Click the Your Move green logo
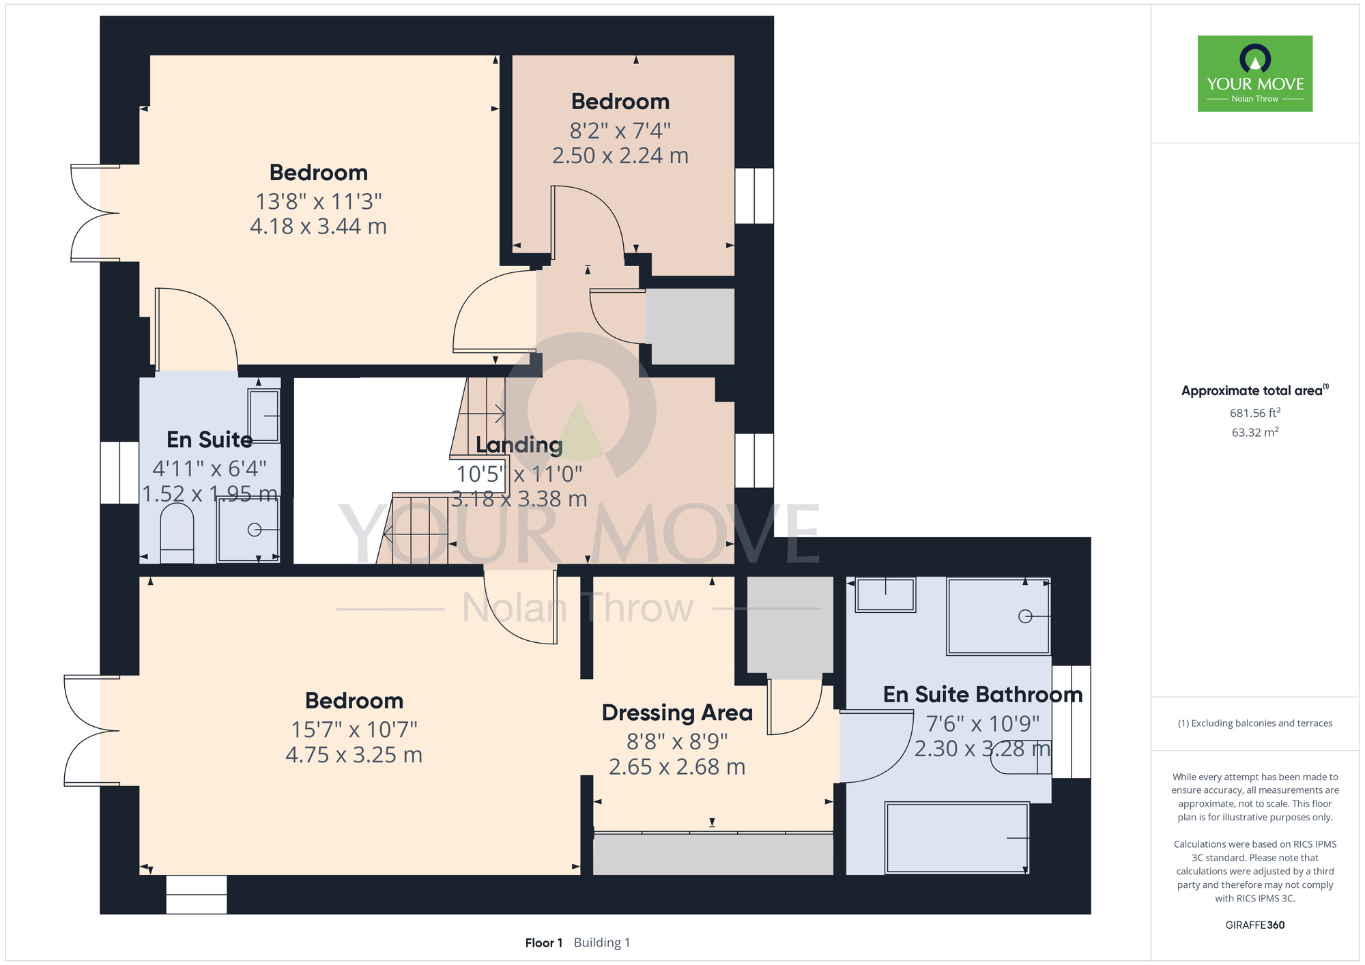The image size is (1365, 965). pyautogui.click(x=1254, y=74)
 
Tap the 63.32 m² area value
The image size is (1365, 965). pyautogui.click(x=1254, y=432)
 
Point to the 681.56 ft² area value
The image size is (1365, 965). pyautogui.click(x=1254, y=413)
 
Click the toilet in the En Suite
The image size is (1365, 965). pyautogui.click(x=177, y=534)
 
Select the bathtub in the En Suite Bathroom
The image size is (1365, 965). pyautogui.click(x=956, y=837)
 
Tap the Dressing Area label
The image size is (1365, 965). pyautogui.click(x=677, y=712)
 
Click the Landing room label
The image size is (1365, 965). pyautogui.click(x=519, y=445)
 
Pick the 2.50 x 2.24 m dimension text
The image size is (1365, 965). pyautogui.click(x=620, y=156)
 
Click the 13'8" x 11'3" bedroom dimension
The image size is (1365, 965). pyautogui.click(x=319, y=201)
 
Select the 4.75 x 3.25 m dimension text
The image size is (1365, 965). pyautogui.click(x=354, y=755)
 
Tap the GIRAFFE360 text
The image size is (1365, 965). pyautogui.click(x=1254, y=925)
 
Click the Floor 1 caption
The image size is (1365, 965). pyautogui.click(x=544, y=942)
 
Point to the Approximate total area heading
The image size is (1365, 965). pyautogui.click(x=1254, y=390)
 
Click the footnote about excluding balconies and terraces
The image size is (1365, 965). pyautogui.click(x=1254, y=723)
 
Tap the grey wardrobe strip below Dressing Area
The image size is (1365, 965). pyautogui.click(x=713, y=854)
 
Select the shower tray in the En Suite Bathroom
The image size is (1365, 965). pyautogui.click(x=998, y=616)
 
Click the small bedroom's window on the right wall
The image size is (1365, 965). pyautogui.click(x=754, y=196)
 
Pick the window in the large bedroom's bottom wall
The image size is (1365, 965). pyautogui.click(x=197, y=895)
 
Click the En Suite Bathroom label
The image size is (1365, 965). pyautogui.click(x=983, y=695)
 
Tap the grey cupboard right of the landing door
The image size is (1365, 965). pyautogui.click(x=690, y=326)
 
